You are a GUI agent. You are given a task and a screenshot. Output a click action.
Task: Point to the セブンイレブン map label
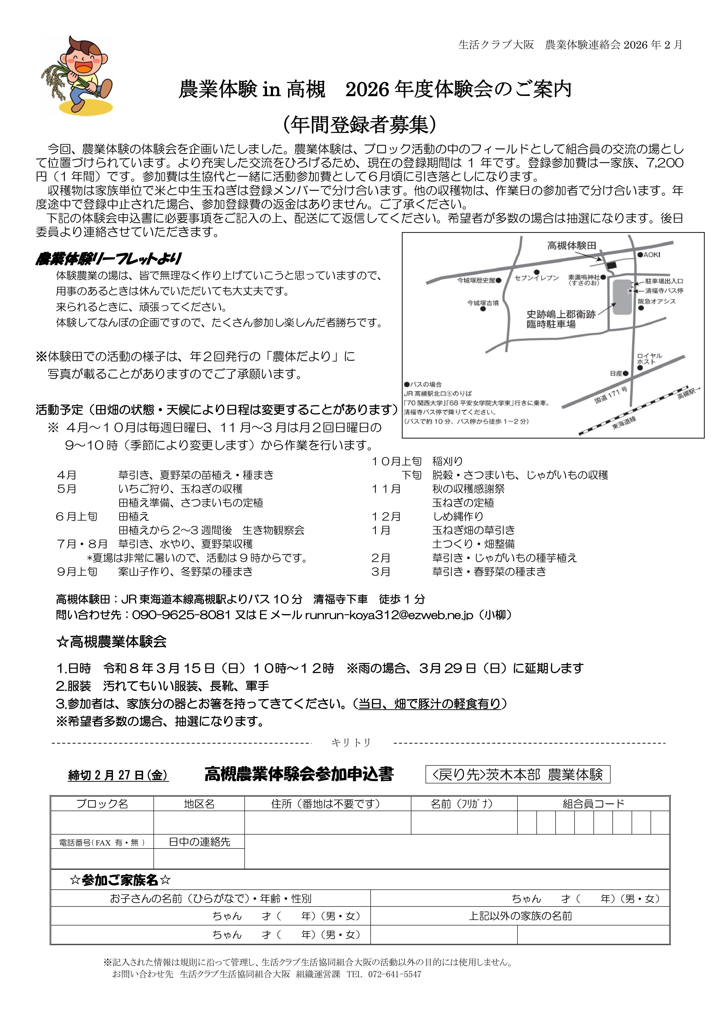(x=537, y=278)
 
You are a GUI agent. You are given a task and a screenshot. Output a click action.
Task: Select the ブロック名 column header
(x=102, y=804)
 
